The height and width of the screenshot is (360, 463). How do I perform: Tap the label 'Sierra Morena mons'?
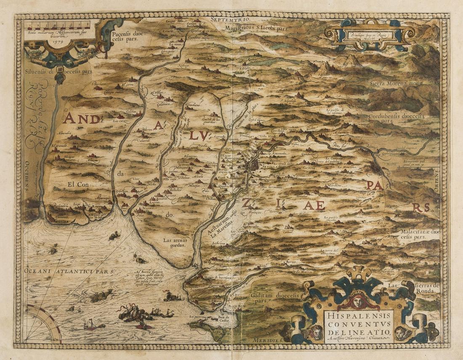coord(396,83)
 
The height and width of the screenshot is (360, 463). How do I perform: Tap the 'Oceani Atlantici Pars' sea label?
coord(69,272)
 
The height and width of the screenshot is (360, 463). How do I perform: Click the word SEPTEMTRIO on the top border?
coord(234,20)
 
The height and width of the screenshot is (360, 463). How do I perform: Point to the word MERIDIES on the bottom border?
coord(267,339)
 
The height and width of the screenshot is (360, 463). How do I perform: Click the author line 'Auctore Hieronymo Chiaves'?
coord(358,337)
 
